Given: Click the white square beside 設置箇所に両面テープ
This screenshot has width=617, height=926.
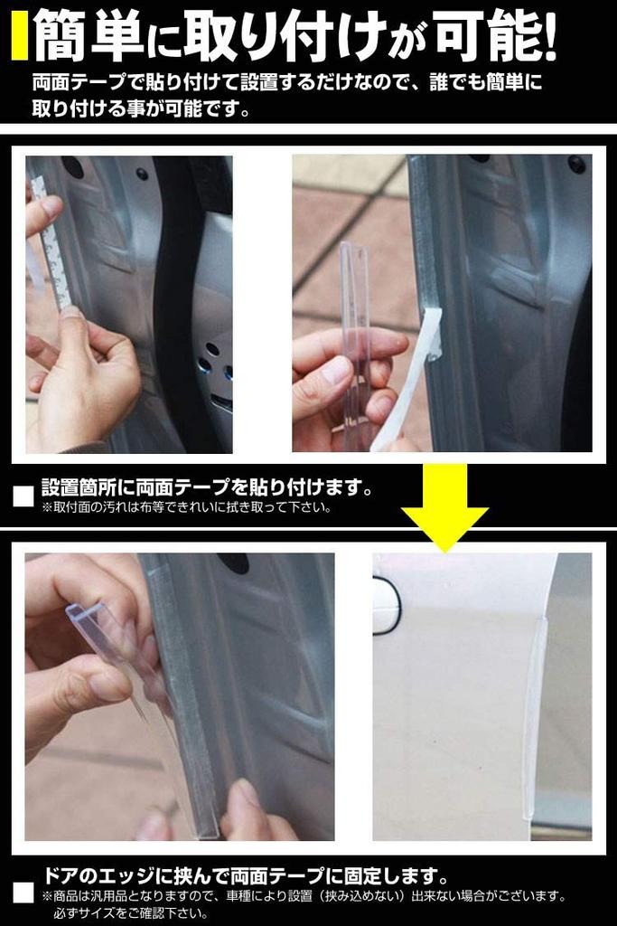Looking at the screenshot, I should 23,496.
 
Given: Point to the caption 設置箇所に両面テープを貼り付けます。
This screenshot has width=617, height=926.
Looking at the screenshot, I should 208,488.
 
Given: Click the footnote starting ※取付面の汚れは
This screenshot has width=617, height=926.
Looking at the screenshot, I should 185,507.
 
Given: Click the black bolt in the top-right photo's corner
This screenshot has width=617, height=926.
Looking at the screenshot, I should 575,165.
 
